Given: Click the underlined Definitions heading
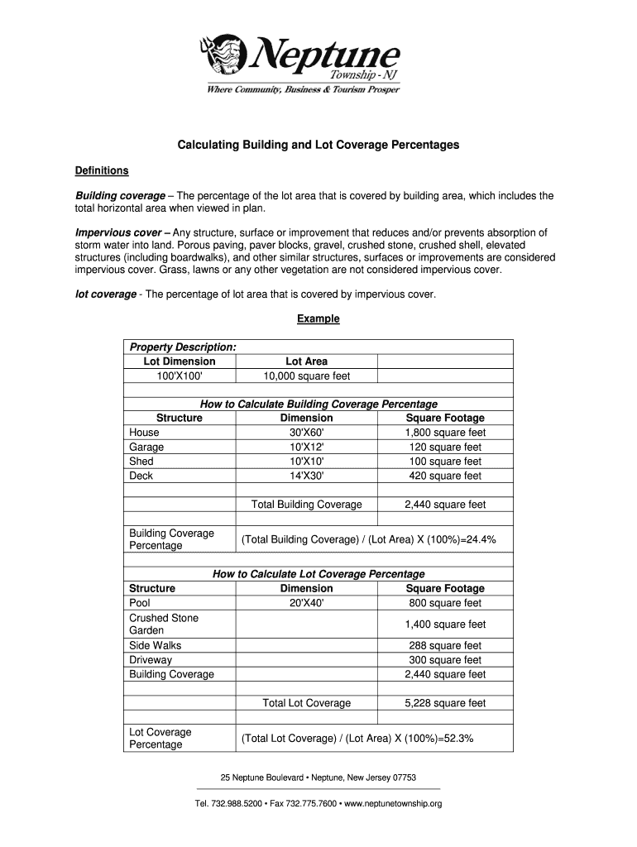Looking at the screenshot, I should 102,170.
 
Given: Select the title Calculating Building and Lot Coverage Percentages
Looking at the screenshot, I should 318,145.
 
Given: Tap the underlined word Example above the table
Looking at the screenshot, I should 318,318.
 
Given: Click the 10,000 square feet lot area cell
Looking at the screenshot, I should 306,376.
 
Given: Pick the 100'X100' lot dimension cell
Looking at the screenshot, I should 180,376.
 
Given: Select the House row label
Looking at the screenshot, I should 145,433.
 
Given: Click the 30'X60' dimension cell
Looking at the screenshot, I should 306,433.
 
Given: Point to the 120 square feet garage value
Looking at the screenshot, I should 445,447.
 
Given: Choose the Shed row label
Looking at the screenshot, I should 141,462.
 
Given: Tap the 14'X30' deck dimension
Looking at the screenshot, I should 306,476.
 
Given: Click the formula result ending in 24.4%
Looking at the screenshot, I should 368,540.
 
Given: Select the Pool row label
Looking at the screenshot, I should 140,603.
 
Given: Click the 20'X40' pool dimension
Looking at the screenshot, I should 306,603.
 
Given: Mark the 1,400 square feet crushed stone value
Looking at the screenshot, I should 445,624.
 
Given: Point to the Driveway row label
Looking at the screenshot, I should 151,660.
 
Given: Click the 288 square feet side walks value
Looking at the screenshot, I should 445,646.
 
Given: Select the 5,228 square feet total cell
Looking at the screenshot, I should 445,703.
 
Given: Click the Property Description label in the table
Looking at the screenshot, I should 183,347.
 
